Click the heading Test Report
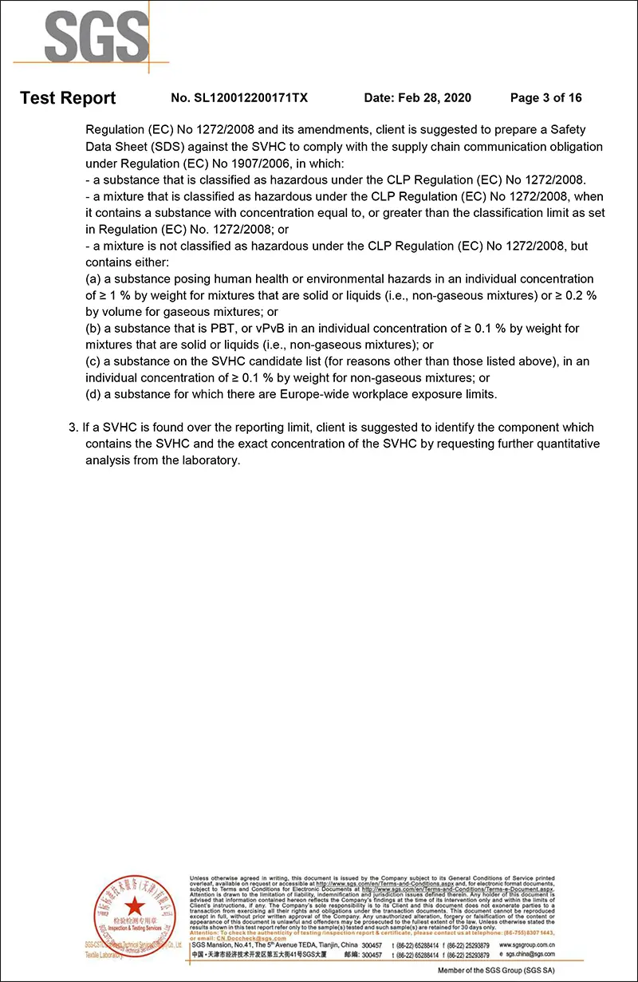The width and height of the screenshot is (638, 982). (68, 98)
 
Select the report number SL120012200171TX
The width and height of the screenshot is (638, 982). (239, 98)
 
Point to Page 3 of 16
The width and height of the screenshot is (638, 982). (545, 98)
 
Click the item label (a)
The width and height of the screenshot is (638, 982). (93, 279)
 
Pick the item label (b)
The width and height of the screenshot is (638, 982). (93, 329)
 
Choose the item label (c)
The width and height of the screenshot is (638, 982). (93, 361)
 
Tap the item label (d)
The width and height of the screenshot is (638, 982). (93, 394)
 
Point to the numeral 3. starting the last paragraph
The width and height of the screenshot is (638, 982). (73, 428)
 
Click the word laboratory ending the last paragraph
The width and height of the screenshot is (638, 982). (209, 461)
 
